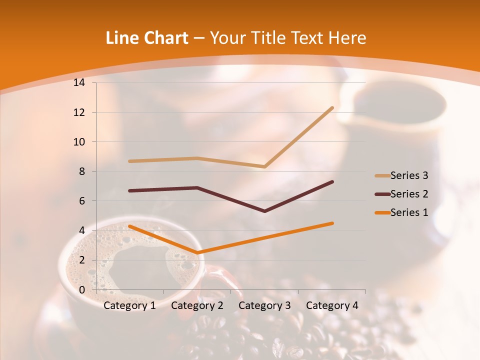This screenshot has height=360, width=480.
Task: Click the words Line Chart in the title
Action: [x=147, y=38]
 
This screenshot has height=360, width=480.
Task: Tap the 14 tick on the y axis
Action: [x=79, y=83]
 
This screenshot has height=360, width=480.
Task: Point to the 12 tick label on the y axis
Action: [x=79, y=112]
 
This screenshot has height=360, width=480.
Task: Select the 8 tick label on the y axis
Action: [x=82, y=171]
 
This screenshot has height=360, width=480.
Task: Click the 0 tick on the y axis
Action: [x=82, y=290]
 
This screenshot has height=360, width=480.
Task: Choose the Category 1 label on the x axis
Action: [x=129, y=305]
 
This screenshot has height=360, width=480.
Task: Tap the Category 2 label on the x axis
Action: [x=197, y=305]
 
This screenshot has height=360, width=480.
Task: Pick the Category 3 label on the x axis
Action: [x=264, y=305]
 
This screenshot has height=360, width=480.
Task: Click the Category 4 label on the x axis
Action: [x=332, y=305]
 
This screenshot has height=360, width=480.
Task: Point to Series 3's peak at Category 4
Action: [x=332, y=107]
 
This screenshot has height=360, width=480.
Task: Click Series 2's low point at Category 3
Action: [x=264, y=211]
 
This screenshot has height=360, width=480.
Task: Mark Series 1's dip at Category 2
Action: [x=197, y=253]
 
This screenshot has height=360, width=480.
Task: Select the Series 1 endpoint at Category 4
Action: [x=332, y=223]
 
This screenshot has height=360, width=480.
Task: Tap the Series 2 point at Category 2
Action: [x=197, y=187]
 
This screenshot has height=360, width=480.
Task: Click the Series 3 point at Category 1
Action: [x=129, y=161]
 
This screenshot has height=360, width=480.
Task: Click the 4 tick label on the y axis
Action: [x=82, y=230]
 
